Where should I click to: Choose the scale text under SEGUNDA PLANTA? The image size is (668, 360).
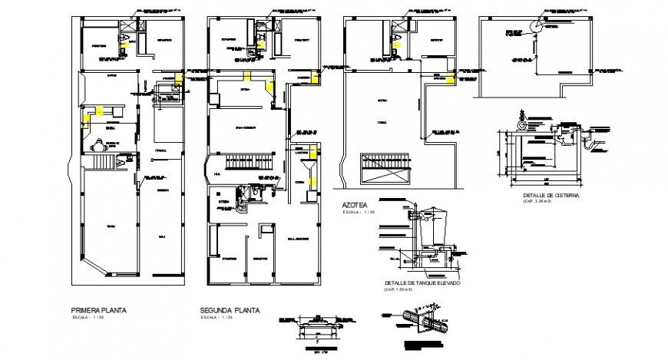click(x=217, y=317)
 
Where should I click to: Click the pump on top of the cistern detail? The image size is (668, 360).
click(x=522, y=122)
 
